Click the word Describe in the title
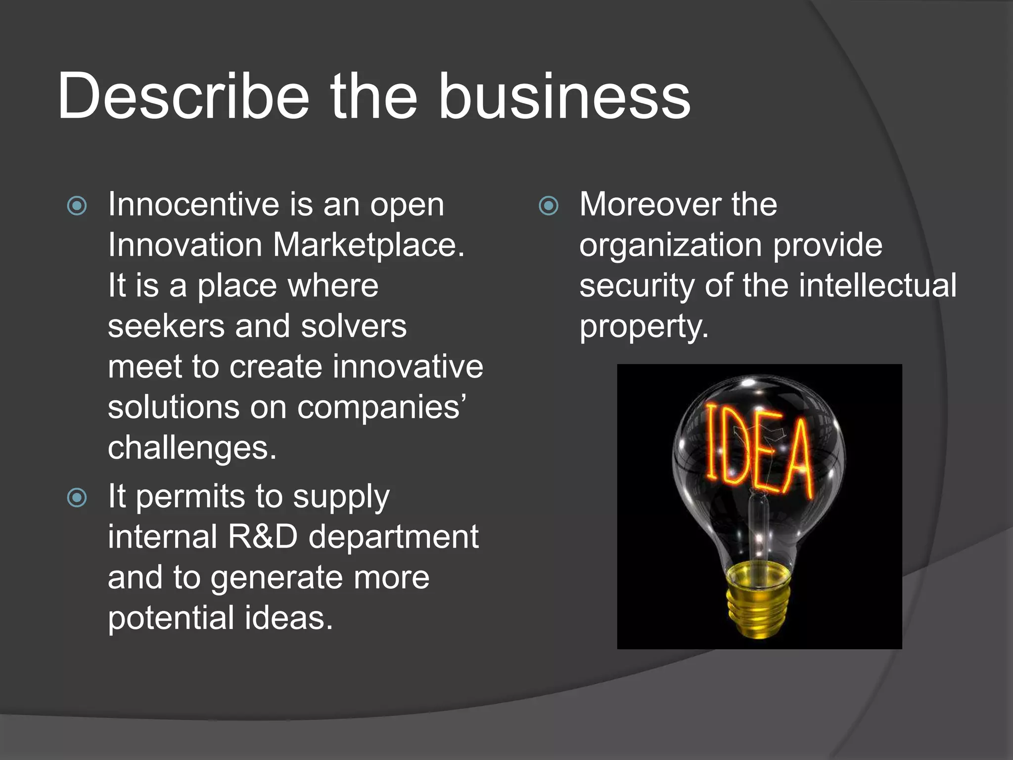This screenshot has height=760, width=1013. (x=183, y=96)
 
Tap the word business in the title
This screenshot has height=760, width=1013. (x=564, y=96)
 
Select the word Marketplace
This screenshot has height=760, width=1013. (x=368, y=245)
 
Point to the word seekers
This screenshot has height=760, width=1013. (x=166, y=327)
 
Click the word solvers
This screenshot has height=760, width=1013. (x=354, y=327)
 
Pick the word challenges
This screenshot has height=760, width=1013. (x=192, y=448)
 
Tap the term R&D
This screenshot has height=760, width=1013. (x=263, y=537)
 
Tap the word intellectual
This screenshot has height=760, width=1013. (x=877, y=285)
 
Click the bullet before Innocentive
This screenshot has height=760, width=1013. (x=77, y=206)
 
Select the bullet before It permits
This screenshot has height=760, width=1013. (x=77, y=498)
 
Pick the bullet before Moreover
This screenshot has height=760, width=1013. (x=549, y=206)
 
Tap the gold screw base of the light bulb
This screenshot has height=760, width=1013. (x=758, y=599)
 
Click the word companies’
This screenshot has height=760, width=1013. (x=381, y=408)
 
